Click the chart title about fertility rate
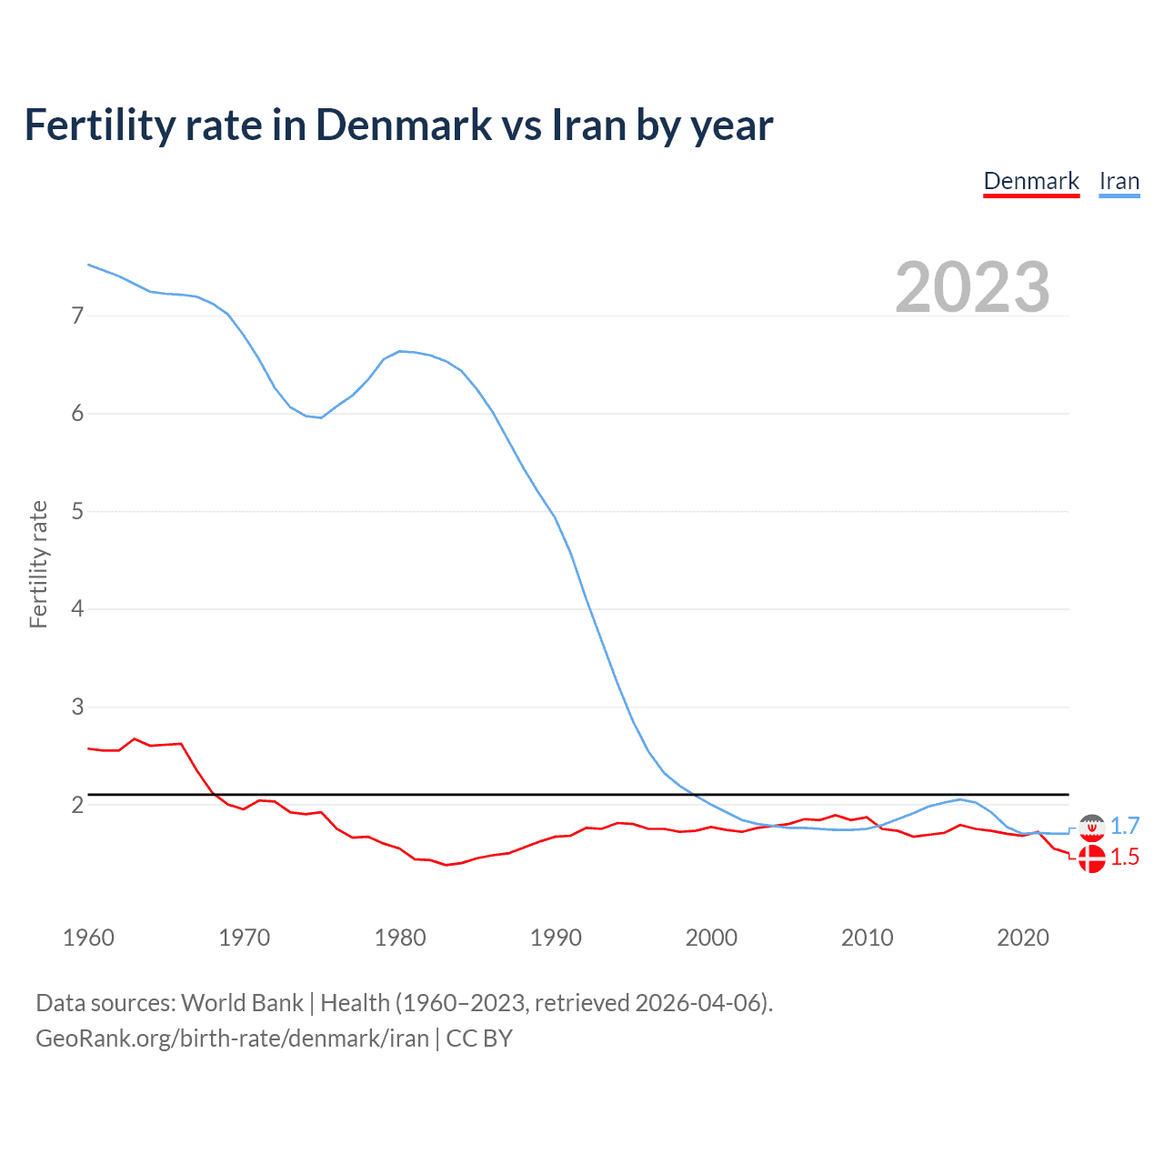398,125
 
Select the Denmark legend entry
1031,181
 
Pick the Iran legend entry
1119,181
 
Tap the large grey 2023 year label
972,287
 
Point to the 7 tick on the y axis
77,316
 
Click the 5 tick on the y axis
77,511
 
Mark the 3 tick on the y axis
77,707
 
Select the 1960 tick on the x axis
88,938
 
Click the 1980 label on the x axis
400,938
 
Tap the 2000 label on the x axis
711,938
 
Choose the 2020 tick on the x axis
1023,938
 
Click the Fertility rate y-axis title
38,564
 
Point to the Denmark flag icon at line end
1091,858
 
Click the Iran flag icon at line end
1091,827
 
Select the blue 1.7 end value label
1125,826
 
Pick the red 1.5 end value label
1125,857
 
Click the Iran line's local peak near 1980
400,351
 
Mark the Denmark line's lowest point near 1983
447,865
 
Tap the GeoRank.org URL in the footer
232,1039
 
